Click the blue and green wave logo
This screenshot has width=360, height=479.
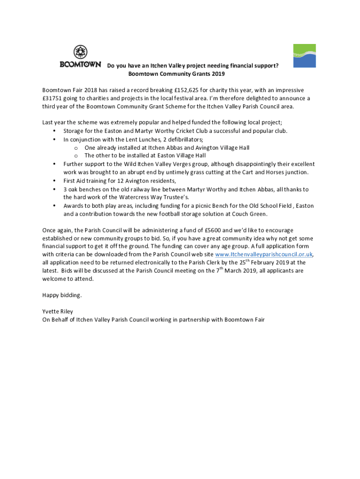click(x=304, y=56)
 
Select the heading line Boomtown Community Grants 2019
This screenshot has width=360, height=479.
click(x=176, y=74)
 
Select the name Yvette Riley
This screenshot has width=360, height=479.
click(x=58, y=312)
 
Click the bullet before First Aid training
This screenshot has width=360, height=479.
click(x=54, y=181)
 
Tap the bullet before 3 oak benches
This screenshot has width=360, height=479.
click(x=54, y=189)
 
